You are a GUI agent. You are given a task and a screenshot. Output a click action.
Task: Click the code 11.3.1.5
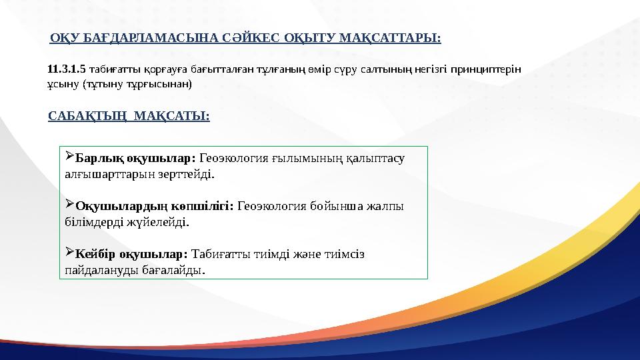coord(67,68)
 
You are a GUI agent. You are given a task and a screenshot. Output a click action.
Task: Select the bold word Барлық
coord(97,159)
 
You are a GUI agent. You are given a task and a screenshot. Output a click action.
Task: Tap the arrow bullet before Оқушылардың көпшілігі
coord(70,206)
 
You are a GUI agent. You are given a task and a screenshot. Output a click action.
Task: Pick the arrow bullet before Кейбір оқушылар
coord(70,254)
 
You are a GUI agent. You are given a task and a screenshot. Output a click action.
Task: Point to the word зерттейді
coord(192,175)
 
